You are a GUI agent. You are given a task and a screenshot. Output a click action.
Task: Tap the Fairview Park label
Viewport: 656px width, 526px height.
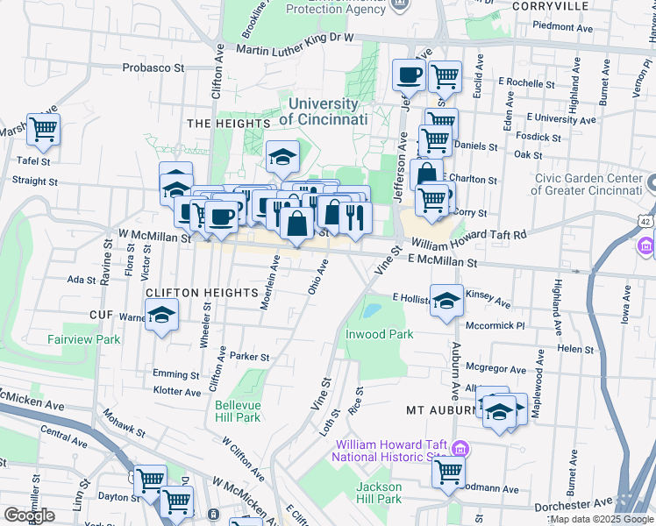pyautogui.click(x=84, y=338)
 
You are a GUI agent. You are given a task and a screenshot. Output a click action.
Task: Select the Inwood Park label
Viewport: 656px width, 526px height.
pyautogui.click(x=379, y=334)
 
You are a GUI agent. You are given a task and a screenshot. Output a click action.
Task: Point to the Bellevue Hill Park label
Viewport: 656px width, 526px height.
pyautogui.click(x=238, y=411)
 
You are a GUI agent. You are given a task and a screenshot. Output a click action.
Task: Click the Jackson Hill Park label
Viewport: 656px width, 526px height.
pyautogui.click(x=379, y=493)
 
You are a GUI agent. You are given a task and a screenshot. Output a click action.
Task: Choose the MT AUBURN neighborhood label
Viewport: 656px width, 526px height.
pyautogui.click(x=441, y=410)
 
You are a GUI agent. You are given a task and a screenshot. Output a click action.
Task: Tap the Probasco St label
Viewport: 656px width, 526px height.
pyautogui.click(x=153, y=67)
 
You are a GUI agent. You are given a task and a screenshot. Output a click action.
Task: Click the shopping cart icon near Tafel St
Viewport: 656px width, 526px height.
pyautogui.click(x=43, y=130)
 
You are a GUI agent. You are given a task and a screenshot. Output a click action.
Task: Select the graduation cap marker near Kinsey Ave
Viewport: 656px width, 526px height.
pyautogui.click(x=446, y=299)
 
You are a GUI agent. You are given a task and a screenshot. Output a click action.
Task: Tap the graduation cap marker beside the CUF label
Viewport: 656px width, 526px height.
pyautogui.click(x=162, y=316)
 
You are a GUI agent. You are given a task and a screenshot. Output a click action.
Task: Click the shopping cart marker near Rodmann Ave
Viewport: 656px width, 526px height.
pyautogui.click(x=449, y=472)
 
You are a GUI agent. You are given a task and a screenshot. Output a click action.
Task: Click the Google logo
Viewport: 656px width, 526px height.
pyautogui.click(x=29, y=515)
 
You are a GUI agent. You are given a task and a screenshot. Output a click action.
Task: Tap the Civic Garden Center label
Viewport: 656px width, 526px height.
pyautogui.click(x=588, y=185)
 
